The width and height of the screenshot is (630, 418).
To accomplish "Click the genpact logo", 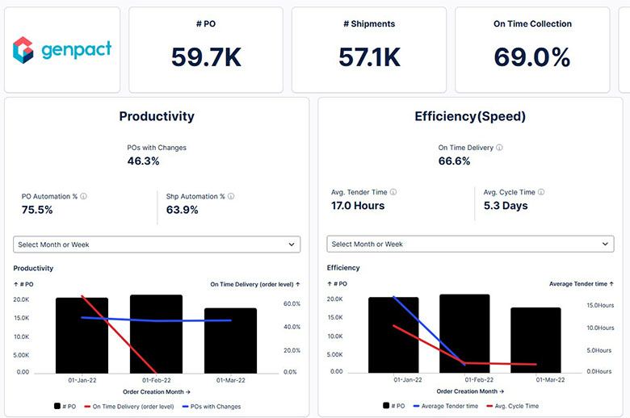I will (62, 50).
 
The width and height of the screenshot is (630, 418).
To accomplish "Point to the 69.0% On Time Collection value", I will (532, 56).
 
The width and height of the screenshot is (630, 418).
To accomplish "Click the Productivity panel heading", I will (157, 116).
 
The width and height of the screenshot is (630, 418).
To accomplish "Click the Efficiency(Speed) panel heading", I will (470, 116).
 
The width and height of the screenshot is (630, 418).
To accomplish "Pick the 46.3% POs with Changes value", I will (144, 161).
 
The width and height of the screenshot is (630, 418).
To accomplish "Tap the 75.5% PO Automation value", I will (37, 210).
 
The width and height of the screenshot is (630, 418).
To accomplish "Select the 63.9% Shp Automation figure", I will (183, 210).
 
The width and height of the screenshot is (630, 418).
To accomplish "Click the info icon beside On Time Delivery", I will (499, 148).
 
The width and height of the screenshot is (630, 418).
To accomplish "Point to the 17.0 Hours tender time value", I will (358, 206).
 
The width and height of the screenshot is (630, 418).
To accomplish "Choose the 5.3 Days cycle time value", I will (506, 206).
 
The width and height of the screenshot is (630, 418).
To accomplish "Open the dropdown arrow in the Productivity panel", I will (292, 245).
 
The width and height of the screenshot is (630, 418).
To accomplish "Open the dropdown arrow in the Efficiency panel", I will (606, 245).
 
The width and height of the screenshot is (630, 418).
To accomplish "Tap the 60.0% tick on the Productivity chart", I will (291, 304).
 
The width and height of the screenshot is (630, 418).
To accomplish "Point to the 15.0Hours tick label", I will (600, 305).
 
